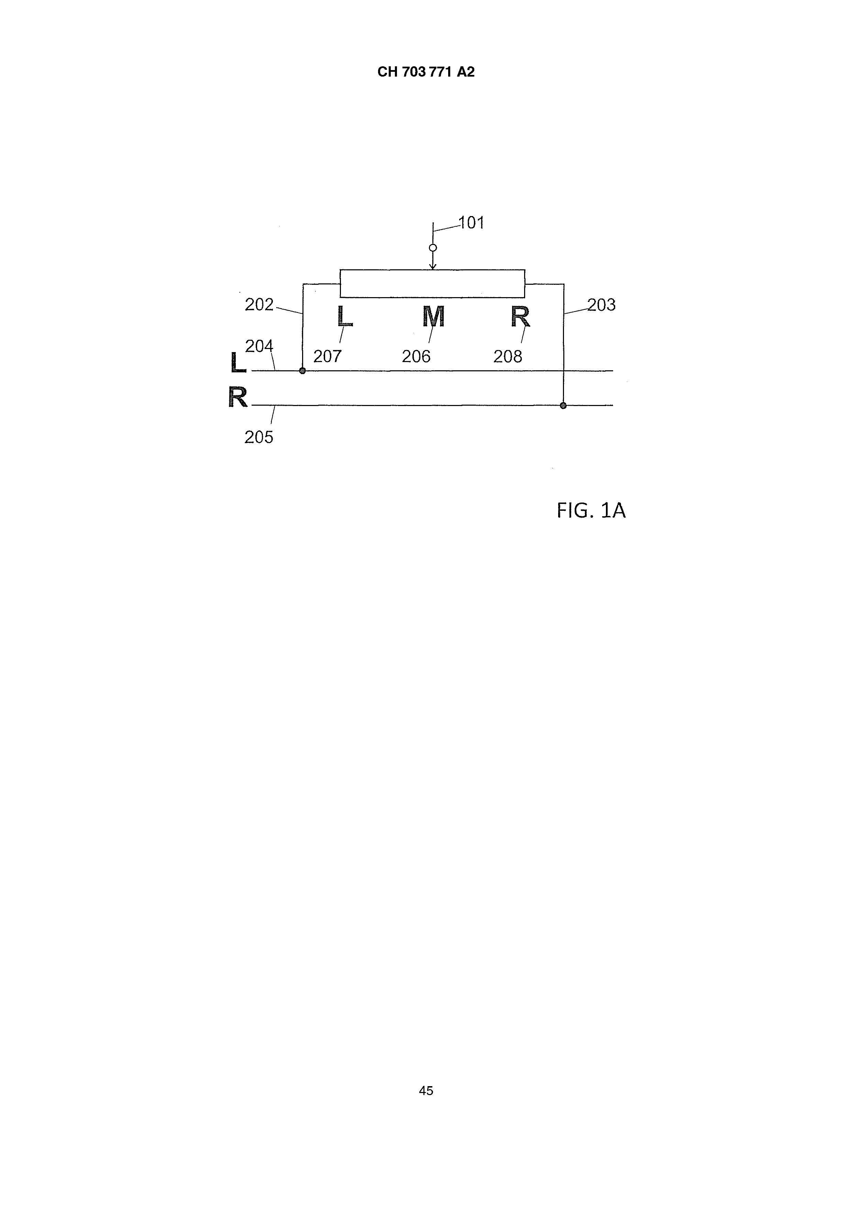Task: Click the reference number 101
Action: coord(472,223)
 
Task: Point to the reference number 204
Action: coord(259,346)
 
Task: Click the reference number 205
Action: coord(259,437)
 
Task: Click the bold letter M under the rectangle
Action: coord(434,316)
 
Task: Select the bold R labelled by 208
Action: coord(521,316)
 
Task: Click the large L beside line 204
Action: coord(238,363)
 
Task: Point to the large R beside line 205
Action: coord(238,397)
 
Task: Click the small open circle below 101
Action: coord(433,248)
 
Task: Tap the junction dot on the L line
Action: coord(302,371)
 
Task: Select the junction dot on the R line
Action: coord(563,406)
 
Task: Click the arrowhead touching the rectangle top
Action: coord(433,267)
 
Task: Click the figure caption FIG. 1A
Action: coord(591,511)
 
